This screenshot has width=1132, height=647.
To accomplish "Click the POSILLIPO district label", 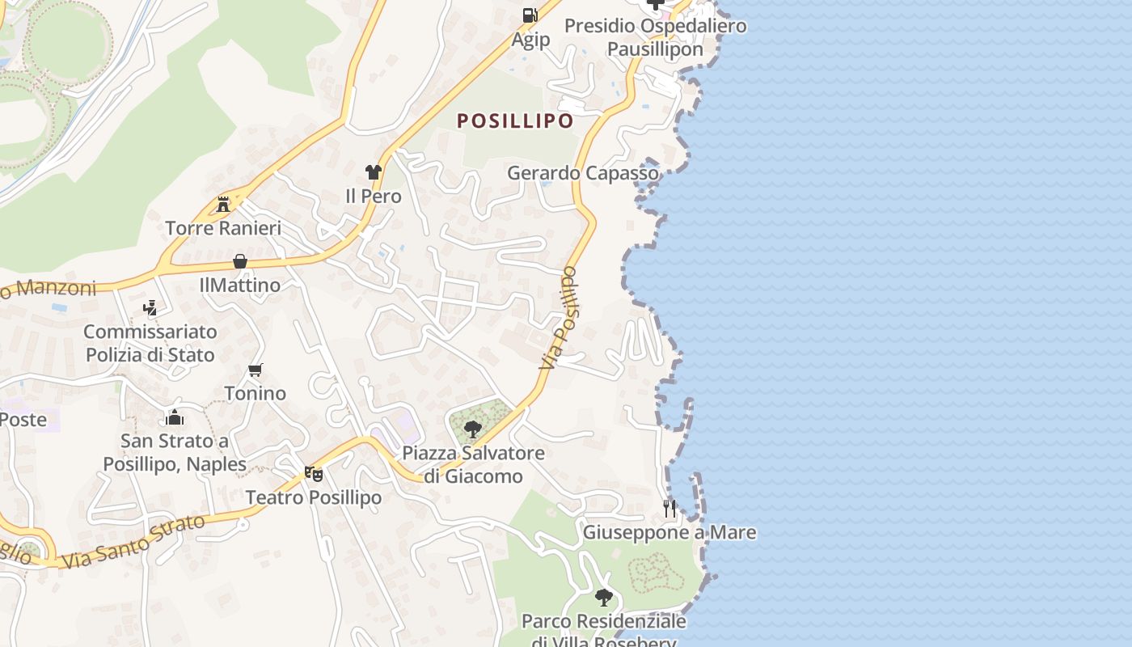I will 515,121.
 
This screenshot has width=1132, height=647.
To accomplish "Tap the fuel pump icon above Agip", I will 530,15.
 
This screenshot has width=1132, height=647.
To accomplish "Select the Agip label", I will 530,39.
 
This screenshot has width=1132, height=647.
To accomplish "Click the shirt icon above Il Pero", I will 373,172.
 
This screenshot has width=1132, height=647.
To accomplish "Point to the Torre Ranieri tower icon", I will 223,204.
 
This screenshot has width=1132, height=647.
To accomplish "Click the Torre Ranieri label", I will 223,228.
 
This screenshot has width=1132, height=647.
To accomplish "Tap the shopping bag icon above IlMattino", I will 240,261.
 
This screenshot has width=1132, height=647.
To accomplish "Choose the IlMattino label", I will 240,285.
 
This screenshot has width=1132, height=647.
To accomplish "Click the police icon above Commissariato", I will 150,307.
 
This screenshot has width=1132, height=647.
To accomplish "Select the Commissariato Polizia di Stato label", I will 150,343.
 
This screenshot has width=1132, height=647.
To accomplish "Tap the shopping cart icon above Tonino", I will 256,370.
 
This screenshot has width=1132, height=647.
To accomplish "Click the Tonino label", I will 256,393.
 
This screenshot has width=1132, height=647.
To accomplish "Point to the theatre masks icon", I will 313,473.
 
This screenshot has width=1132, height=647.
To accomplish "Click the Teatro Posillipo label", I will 313,497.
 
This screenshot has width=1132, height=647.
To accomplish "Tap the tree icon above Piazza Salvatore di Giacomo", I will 473,429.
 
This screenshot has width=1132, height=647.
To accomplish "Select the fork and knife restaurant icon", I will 669,508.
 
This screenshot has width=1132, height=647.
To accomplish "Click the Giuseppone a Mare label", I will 669,532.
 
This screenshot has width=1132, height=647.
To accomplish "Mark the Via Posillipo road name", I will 560,318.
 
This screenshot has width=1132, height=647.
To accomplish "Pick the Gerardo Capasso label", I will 583,173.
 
